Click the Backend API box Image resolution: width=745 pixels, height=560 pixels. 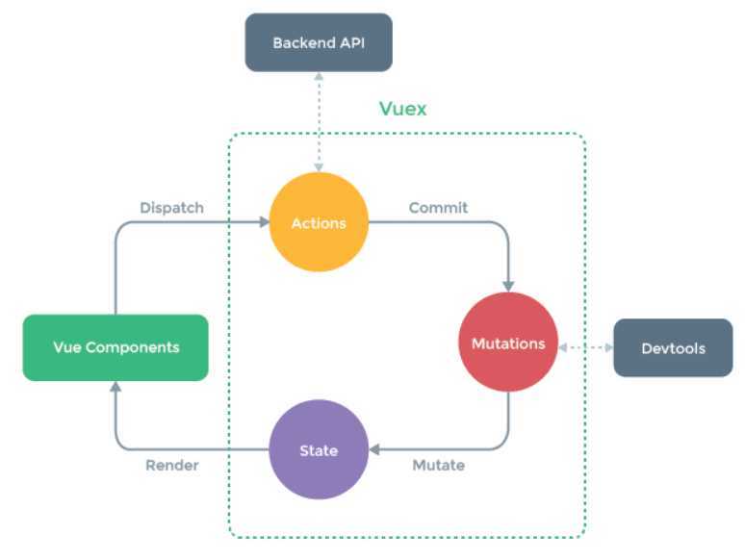(319, 42)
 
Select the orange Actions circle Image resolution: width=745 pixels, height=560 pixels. (319, 223)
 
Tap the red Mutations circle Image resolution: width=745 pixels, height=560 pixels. (508, 343)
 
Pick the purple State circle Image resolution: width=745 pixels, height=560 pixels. (319, 449)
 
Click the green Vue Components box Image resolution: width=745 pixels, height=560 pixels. (116, 347)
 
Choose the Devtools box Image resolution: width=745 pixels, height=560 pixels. (673, 347)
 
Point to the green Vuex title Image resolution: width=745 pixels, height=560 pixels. (402, 109)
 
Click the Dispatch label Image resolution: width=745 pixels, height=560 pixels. (171, 207)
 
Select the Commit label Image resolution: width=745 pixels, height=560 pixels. (438, 207)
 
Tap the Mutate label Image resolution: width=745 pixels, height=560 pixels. (438, 466)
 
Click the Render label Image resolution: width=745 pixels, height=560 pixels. (172, 466)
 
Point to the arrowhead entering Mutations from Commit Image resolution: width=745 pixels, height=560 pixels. (508, 285)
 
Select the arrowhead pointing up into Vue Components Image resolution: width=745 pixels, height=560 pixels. (116, 387)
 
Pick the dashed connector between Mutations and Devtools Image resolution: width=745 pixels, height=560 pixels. (585, 346)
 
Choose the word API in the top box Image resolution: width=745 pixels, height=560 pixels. (350, 42)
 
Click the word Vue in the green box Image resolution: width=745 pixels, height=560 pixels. (66, 347)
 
